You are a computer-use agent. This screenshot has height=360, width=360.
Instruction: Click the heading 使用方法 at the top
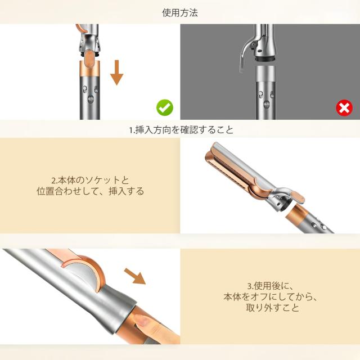tap(180, 12)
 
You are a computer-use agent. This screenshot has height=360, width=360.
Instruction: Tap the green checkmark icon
tap(165, 107)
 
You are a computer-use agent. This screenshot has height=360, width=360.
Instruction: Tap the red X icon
tap(344, 107)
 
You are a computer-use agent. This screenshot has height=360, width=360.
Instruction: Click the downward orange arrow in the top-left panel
tap(116, 73)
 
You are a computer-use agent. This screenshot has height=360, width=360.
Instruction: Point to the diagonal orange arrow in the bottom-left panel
tap(134, 276)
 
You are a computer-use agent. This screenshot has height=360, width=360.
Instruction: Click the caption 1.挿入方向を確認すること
tap(180, 129)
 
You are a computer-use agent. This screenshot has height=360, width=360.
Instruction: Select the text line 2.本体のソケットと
tap(90, 180)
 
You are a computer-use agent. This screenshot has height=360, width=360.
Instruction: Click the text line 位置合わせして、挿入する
tap(90, 191)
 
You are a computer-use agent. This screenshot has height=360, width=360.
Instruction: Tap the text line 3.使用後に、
tap(270, 286)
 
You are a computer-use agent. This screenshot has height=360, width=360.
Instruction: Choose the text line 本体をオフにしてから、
tap(270, 297)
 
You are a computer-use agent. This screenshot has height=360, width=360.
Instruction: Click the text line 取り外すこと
tap(270, 308)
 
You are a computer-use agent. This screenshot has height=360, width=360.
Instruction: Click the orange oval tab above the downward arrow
tap(92, 56)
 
